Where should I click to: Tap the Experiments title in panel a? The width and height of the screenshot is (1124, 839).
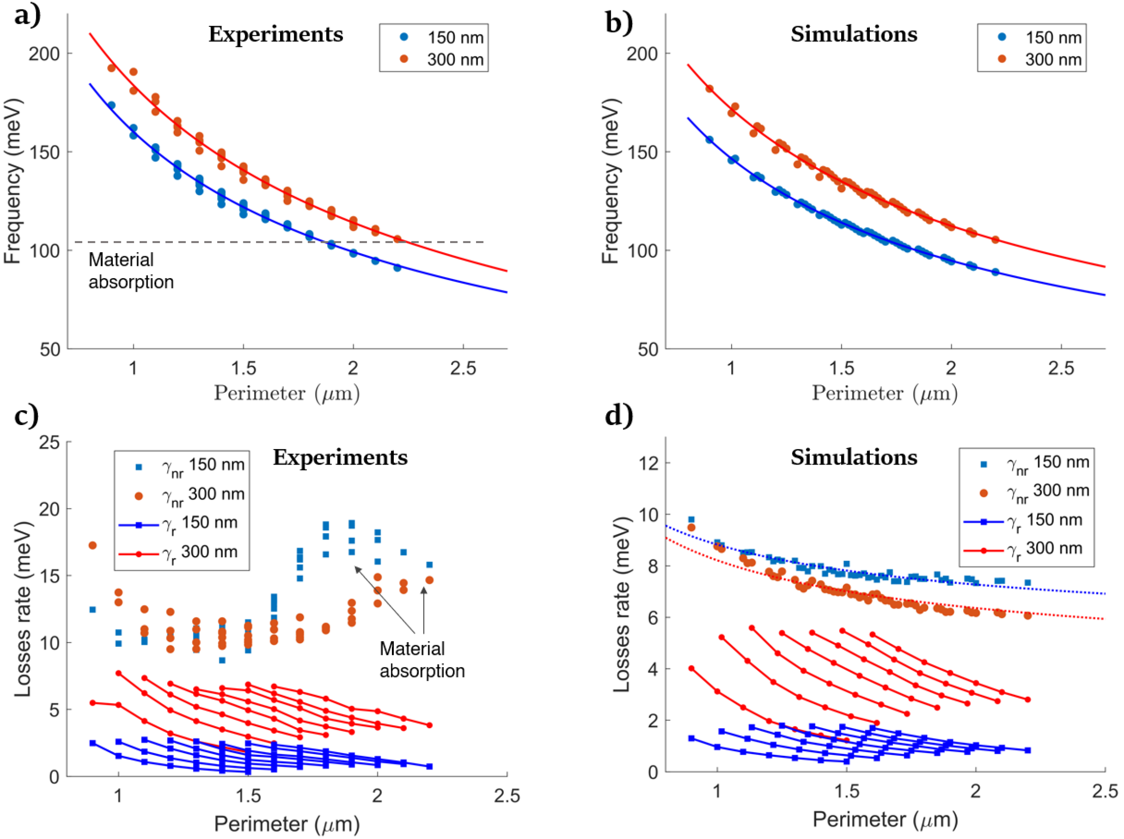point(275,35)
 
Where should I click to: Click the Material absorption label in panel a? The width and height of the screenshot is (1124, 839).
point(131,271)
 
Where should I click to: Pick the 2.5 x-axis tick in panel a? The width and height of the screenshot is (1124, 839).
point(463,368)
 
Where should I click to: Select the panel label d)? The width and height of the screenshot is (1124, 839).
point(619,415)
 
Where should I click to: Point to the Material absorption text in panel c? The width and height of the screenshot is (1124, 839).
point(421,660)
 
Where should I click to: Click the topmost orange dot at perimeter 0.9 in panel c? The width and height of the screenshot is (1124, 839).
point(93,545)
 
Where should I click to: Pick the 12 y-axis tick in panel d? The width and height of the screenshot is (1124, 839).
point(647,463)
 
